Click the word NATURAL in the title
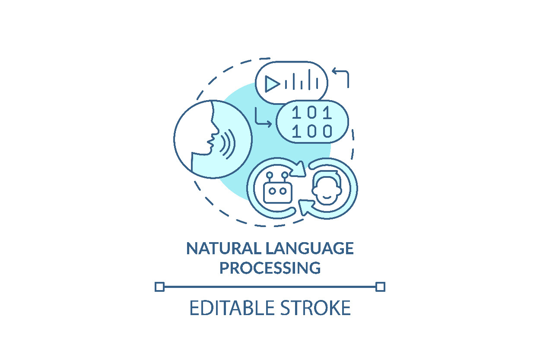click(224, 248)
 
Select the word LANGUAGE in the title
click(310, 248)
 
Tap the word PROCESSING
click(270, 268)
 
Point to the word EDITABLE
click(232, 308)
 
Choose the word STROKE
click(315, 308)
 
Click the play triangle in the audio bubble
click(272, 84)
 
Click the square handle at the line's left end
click(159, 287)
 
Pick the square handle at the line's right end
click(381, 287)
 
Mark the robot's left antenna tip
click(270, 175)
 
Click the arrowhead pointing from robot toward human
click(299, 170)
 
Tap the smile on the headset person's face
click(327, 197)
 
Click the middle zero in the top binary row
click(312, 113)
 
